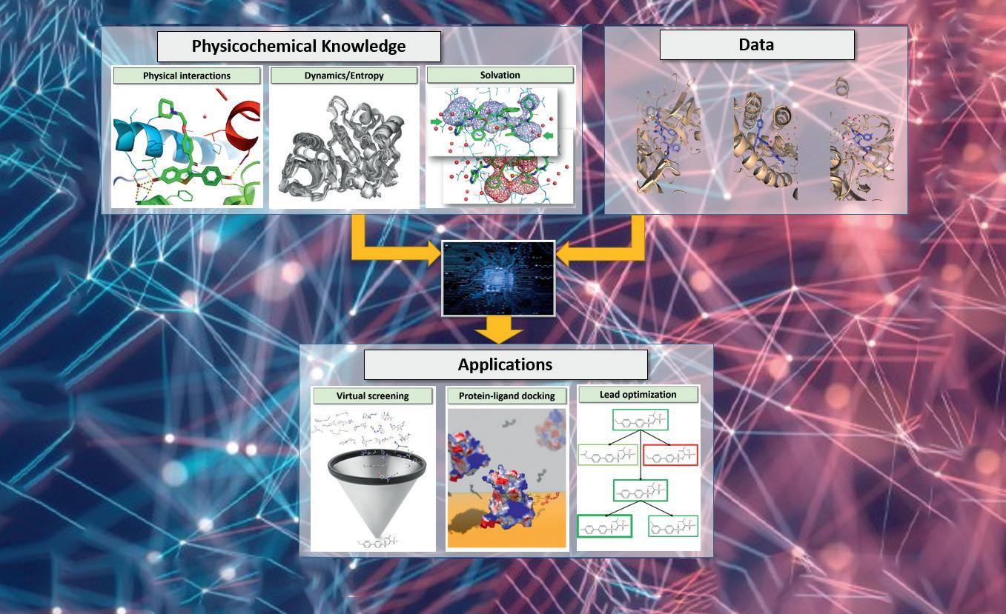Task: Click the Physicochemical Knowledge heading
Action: click(x=299, y=46)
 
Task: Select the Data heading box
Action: click(x=756, y=44)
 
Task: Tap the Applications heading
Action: click(x=505, y=364)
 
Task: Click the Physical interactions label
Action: click(x=187, y=76)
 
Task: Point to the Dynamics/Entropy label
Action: click(x=344, y=76)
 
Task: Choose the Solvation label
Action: click(x=500, y=75)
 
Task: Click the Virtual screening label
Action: click(x=372, y=396)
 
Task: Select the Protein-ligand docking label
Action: click(x=506, y=396)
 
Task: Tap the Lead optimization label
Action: click(x=638, y=395)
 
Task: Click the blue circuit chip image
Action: click(x=498, y=278)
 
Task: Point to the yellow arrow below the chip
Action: click(x=498, y=330)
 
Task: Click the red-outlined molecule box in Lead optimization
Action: click(x=670, y=456)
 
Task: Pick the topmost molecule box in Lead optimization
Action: click(x=641, y=420)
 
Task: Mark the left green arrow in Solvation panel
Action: click(x=437, y=121)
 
